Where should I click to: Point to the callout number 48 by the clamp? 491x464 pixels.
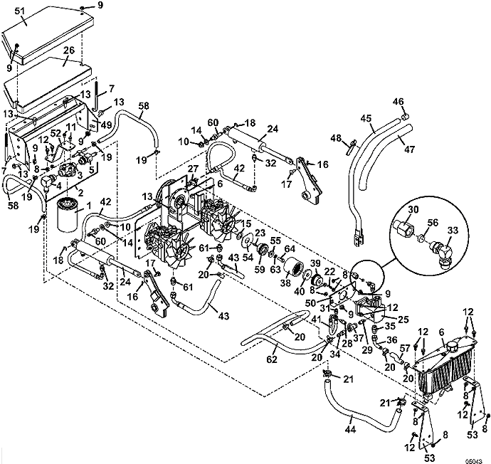click(x=336, y=139)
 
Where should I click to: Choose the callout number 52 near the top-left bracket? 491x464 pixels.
click(x=55, y=135)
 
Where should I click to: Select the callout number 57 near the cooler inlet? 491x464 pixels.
click(x=405, y=348)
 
